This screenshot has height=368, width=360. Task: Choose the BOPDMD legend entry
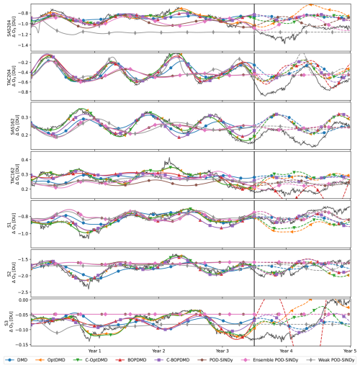tap(148, 359)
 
